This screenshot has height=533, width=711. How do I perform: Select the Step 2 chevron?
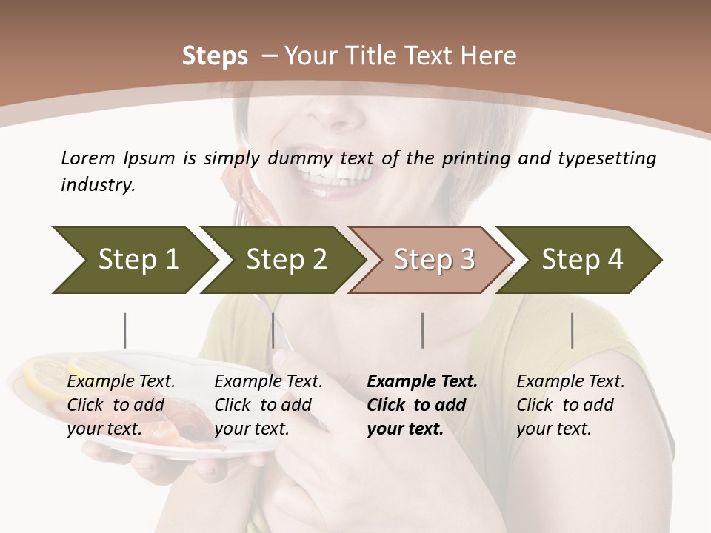286,260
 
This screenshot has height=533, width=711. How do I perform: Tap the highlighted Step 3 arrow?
434,260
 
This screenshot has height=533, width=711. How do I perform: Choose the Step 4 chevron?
582,260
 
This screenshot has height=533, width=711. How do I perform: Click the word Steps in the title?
215,56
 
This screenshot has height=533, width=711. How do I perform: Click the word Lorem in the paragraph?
87,158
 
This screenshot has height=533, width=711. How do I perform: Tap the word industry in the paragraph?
97,185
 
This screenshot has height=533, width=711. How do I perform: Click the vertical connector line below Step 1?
124,330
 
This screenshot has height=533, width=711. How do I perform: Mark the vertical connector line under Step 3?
422,330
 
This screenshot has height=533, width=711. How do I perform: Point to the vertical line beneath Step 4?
572,330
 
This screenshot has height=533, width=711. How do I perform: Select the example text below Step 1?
121,405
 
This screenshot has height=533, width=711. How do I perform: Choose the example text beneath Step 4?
570,405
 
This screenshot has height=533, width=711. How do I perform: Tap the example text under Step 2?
268,405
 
